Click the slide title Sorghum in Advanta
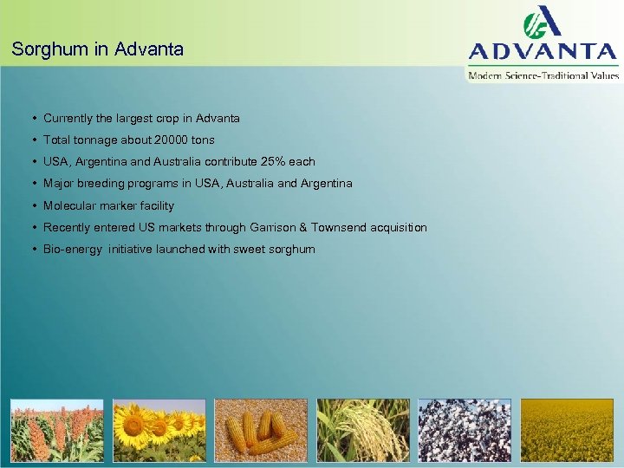(98, 49)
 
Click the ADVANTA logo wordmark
(543, 51)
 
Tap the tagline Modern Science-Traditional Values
(543, 76)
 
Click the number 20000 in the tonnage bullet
(171, 140)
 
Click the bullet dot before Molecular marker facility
(32, 206)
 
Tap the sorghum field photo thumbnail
(56, 430)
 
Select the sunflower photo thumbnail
(159, 430)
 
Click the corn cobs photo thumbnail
(261, 430)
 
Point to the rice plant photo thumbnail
(363, 430)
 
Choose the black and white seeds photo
(465, 430)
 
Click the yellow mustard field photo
(567, 430)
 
